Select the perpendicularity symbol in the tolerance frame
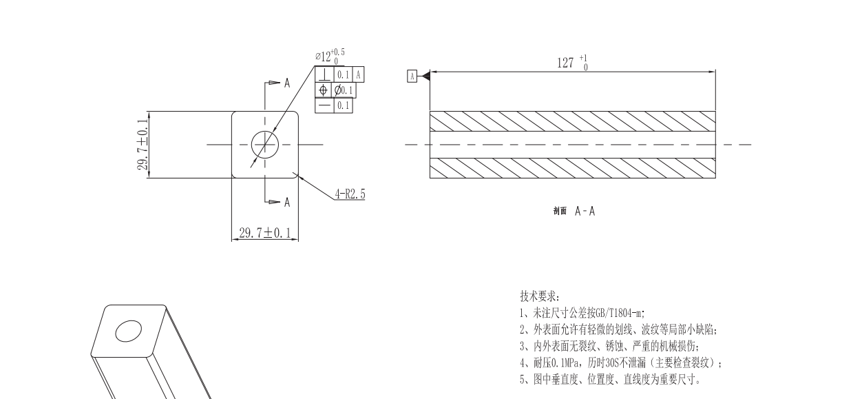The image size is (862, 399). click(324, 74)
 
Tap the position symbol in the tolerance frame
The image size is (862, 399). click(323, 90)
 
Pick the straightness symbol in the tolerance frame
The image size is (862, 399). click(324, 105)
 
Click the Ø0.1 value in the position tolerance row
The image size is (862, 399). click(344, 90)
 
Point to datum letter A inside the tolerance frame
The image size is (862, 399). click(359, 74)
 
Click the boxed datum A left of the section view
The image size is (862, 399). click(412, 76)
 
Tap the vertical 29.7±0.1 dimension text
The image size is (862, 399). click(143, 145)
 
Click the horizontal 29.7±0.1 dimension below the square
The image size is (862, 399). click(264, 233)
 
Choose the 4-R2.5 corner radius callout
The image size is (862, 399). click(350, 194)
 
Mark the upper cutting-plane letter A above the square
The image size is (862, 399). click(287, 83)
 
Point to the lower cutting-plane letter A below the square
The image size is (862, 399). click(287, 202)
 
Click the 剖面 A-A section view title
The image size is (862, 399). click(573, 211)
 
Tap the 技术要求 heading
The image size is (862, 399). click(540, 296)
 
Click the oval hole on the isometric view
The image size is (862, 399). click(128, 331)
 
